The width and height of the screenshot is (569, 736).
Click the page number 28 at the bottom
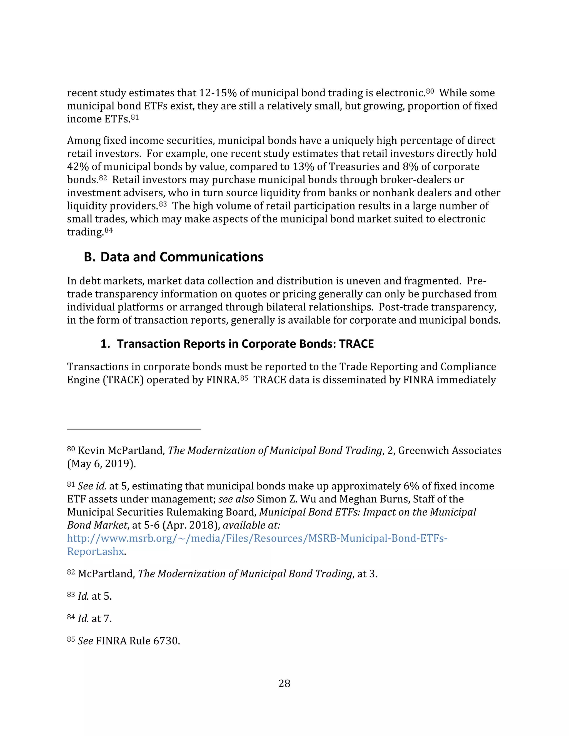(x=284, y=684)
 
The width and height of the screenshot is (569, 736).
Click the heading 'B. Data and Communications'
(x=173, y=257)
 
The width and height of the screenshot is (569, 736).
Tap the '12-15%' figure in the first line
(x=218, y=93)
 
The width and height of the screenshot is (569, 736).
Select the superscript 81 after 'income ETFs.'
(x=134, y=117)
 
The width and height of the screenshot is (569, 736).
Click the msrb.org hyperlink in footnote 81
(x=257, y=538)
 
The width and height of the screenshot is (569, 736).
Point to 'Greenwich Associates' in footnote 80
(x=450, y=450)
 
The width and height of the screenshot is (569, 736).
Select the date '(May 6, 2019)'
(x=101, y=464)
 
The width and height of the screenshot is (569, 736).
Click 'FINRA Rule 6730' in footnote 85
(x=138, y=641)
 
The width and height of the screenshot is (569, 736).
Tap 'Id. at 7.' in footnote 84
(x=94, y=619)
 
